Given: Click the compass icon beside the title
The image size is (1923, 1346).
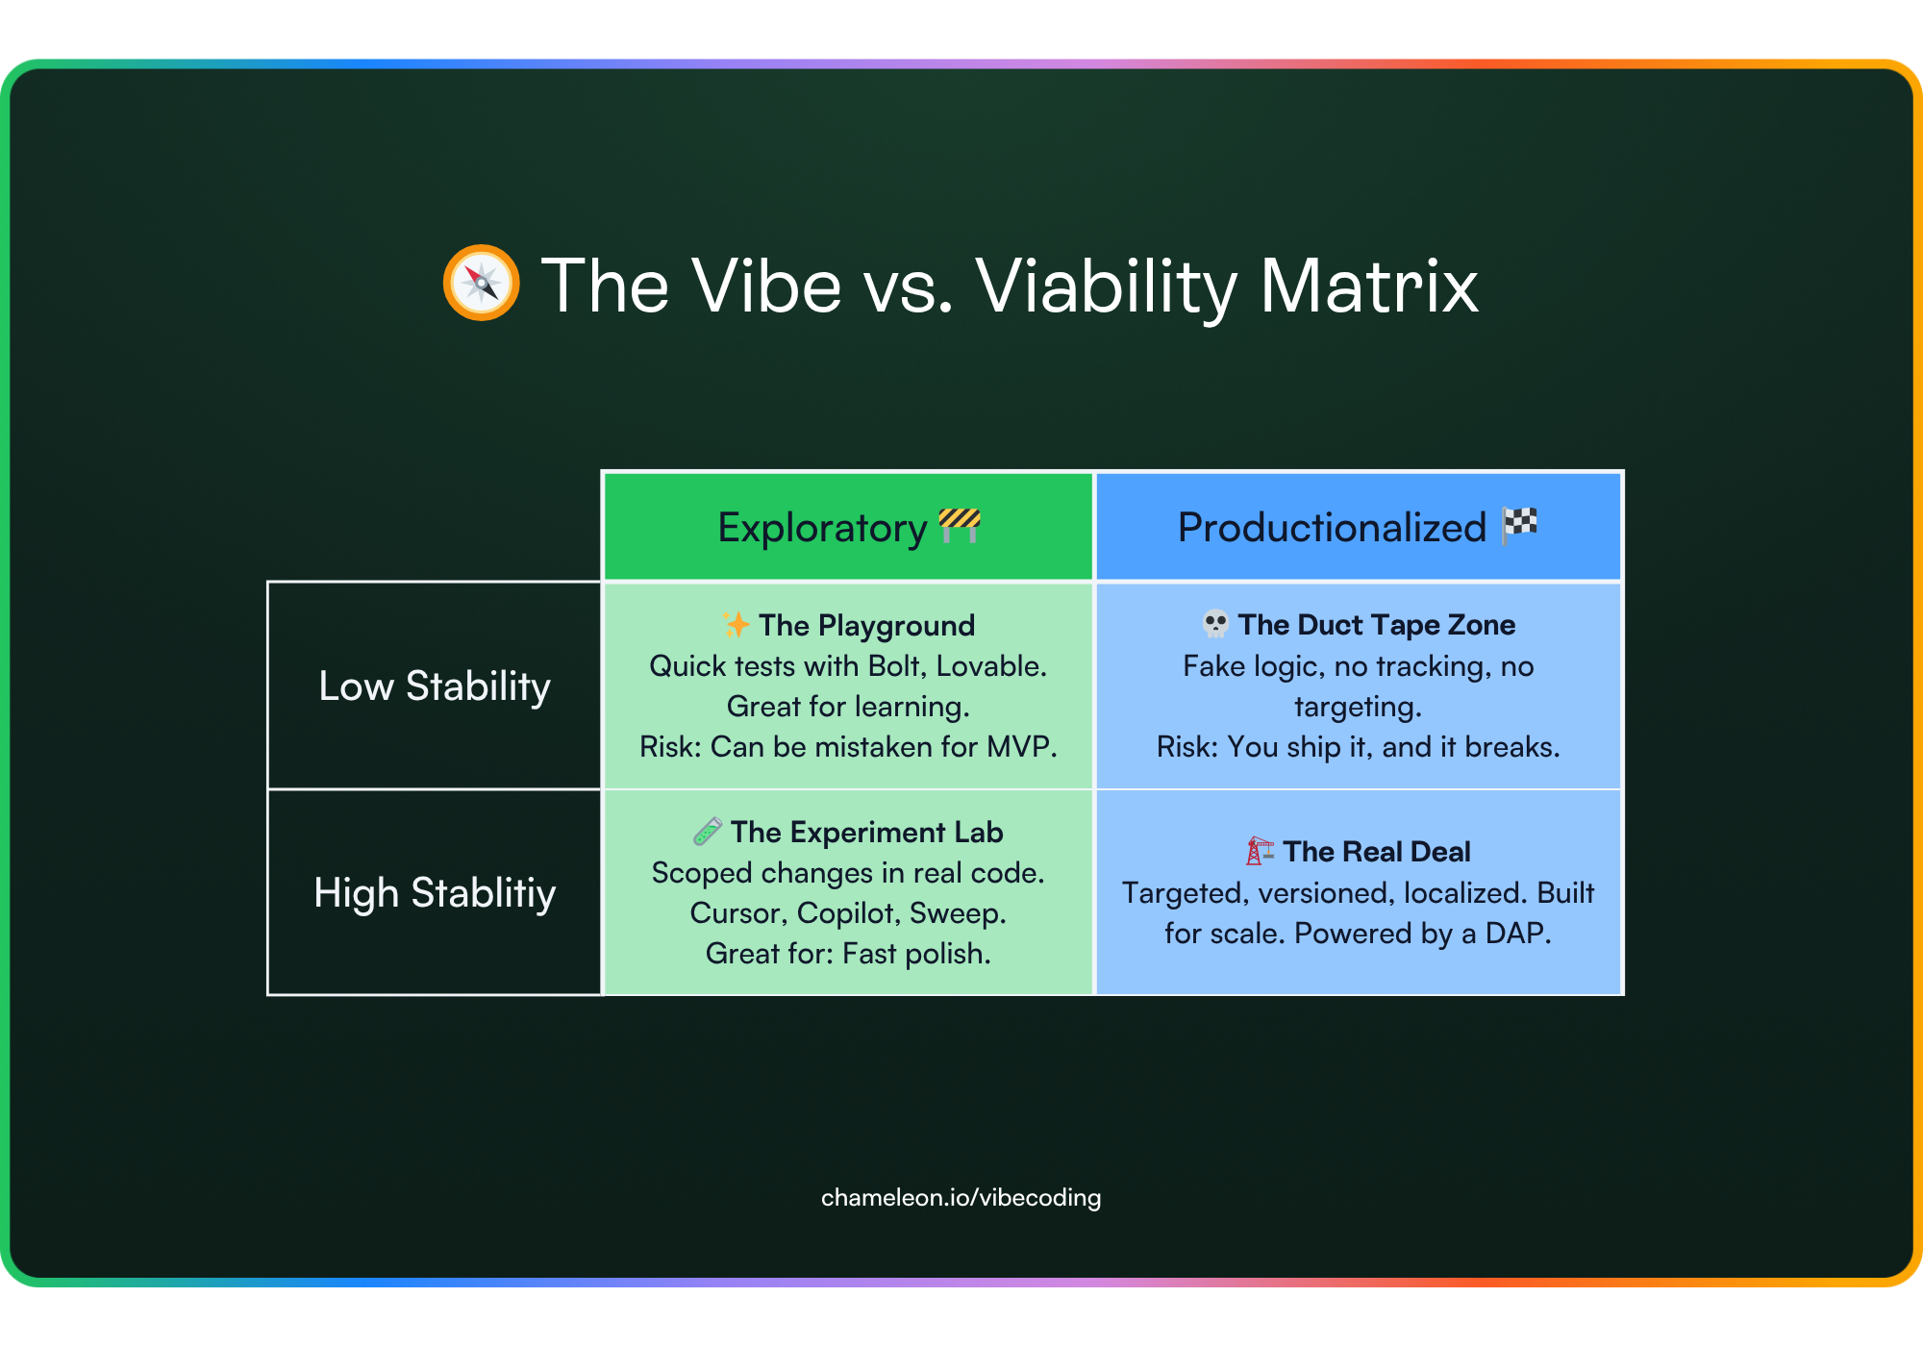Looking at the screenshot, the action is pyautogui.click(x=482, y=283).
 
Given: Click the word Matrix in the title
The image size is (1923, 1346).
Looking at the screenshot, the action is pyautogui.click(x=1369, y=286).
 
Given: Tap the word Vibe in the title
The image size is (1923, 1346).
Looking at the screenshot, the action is pyautogui.click(x=766, y=286).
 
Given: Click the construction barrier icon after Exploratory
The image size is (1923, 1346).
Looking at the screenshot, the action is pyautogui.click(x=960, y=525).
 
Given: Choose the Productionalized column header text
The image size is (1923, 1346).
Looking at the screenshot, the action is pyautogui.click(x=1333, y=527).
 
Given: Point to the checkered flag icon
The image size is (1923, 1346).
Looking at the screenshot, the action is pyautogui.click(x=1520, y=525).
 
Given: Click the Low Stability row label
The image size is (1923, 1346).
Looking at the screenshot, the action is pyautogui.click(x=435, y=686).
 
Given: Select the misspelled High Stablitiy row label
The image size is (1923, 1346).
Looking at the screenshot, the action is pyautogui.click(x=435, y=893).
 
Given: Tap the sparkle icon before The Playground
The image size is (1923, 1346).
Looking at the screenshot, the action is pyautogui.click(x=737, y=625).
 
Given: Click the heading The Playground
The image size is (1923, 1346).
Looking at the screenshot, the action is pyautogui.click(x=867, y=626).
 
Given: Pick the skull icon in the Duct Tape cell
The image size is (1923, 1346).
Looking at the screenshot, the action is pyautogui.click(x=1215, y=624).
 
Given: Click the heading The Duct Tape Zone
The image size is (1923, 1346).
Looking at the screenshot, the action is pyautogui.click(x=1377, y=625).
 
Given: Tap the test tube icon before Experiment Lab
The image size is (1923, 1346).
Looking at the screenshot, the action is pyautogui.click(x=708, y=832).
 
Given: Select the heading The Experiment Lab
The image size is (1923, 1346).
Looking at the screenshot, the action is pyautogui.click(x=867, y=833).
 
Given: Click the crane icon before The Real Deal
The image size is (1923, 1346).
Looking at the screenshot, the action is pyautogui.click(x=1260, y=851).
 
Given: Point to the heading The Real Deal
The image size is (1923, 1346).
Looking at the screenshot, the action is pyautogui.click(x=1377, y=852).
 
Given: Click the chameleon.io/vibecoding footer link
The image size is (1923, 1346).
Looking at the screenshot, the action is pyautogui.click(x=961, y=1198).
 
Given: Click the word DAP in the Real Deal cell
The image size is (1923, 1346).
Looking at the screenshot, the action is pyautogui.click(x=1518, y=934).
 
